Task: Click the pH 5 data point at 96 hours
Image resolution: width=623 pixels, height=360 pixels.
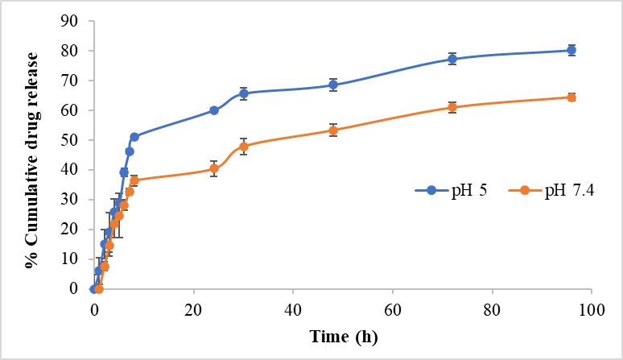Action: pyautogui.click(x=571, y=50)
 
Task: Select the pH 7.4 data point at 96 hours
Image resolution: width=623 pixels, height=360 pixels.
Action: pyautogui.click(x=571, y=97)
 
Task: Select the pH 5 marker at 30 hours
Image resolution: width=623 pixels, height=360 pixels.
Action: pyautogui.click(x=244, y=93)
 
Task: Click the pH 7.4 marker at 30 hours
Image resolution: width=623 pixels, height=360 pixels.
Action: pyautogui.click(x=244, y=147)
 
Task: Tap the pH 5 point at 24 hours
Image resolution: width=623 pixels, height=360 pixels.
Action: pyautogui.click(x=214, y=110)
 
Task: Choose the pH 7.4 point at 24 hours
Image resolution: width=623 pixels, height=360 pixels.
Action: pyautogui.click(x=214, y=168)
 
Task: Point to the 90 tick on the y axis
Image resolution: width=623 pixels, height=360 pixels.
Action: pyautogui.click(x=68, y=21)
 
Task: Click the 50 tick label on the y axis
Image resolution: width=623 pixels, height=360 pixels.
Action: pyautogui.click(x=68, y=140)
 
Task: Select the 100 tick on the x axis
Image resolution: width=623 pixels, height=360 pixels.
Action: pyautogui.click(x=592, y=309)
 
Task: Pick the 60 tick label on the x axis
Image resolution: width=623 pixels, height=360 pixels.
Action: pyautogui.click(x=393, y=309)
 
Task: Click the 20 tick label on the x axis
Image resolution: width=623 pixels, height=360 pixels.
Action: pyautogui.click(x=194, y=309)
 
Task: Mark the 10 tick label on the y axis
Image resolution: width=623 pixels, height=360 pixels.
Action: pyautogui.click(x=68, y=259)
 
